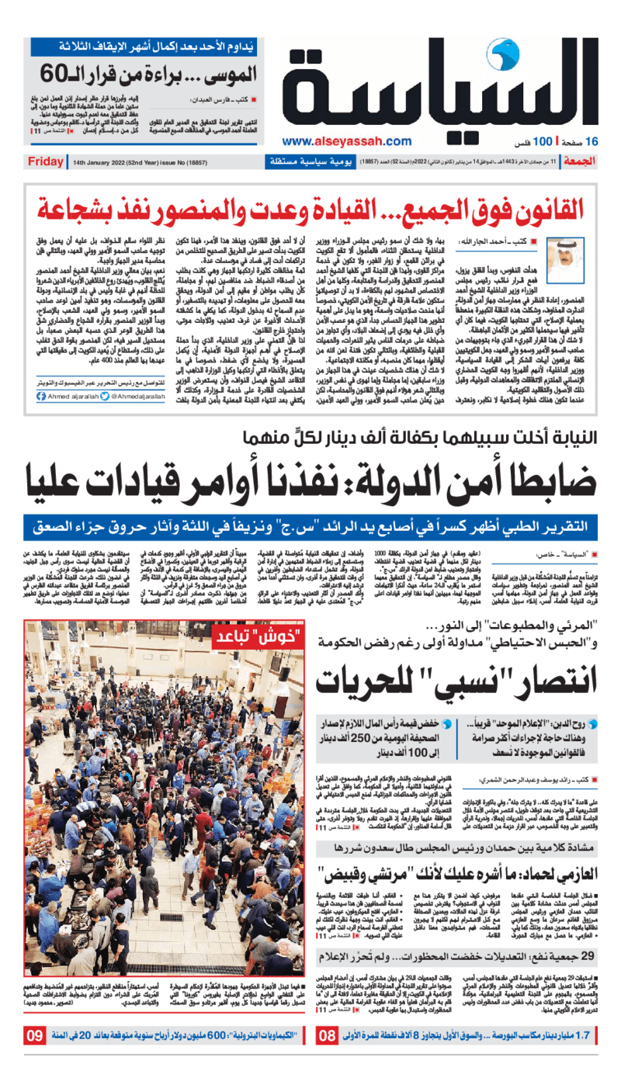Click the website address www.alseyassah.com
[347, 140]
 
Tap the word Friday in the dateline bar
[46, 161]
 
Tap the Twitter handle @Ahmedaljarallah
[164, 395]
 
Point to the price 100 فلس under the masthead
[532, 142]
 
